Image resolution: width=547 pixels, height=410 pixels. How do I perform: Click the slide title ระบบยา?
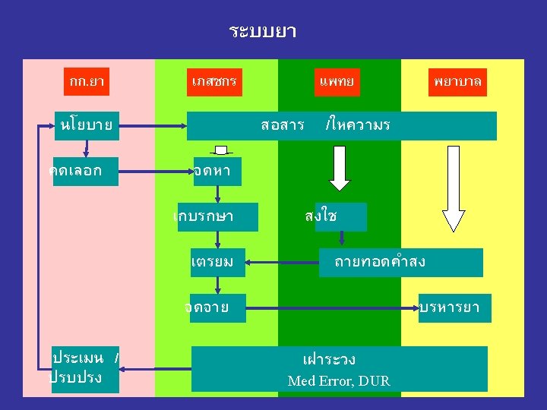click(x=262, y=33)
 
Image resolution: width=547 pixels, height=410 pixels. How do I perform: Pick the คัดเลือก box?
click(x=75, y=171)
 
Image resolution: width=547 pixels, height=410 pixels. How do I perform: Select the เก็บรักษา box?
click(x=216, y=216)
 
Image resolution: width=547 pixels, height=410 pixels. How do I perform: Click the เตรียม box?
click(x=217, y=262)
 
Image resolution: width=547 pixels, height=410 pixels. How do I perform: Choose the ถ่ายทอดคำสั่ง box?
click(x=400, y=262)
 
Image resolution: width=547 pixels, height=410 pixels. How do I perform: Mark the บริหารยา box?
click(x=454, y=307)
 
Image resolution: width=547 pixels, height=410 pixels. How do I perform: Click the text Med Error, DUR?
click(x=339, y=381)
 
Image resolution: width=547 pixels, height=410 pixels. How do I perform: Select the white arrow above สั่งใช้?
click(x=340, y=168)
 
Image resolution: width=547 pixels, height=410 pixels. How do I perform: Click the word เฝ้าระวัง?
click(x=329, y=359)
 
